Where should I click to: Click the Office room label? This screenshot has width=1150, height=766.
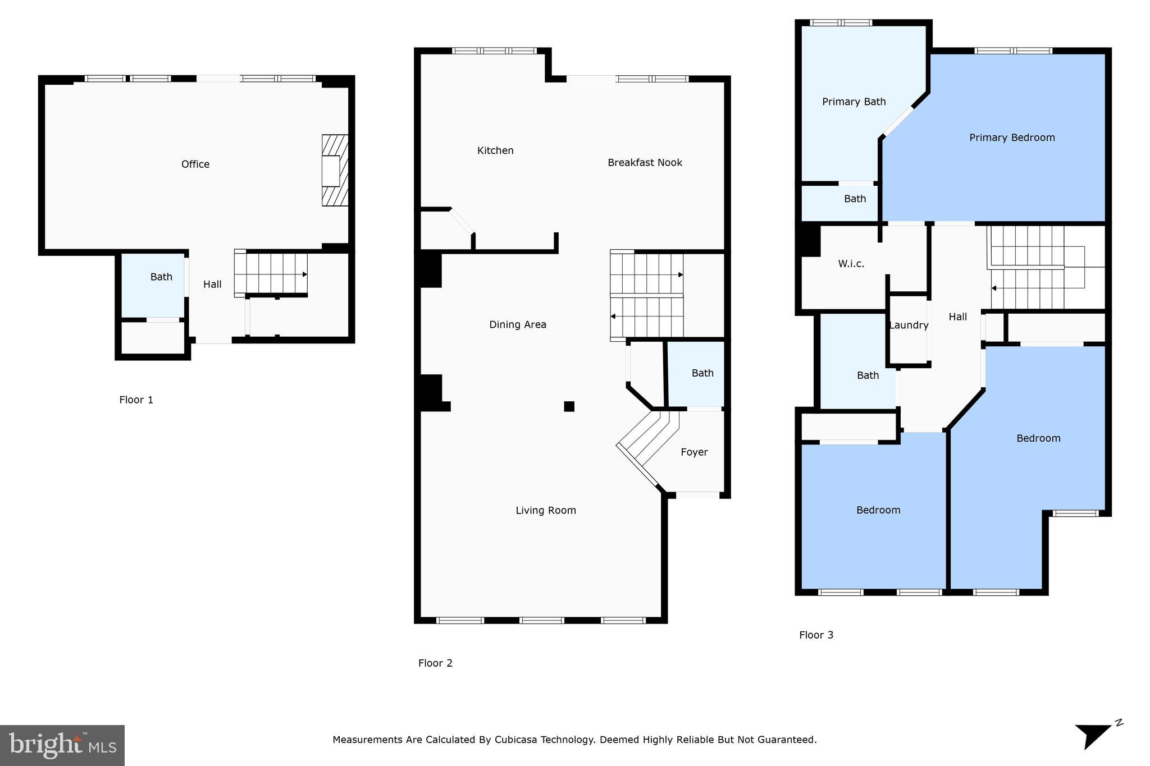(x=195, y=164)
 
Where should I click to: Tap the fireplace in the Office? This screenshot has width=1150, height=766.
(x=334, y=171)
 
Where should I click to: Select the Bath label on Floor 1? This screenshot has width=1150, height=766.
(x=161, y=277)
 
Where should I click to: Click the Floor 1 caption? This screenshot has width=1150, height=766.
(x=136, y=400)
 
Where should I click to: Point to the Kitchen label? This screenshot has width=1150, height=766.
(x=495, y=150)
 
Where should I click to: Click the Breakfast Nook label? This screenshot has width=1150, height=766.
(x=645, y=163)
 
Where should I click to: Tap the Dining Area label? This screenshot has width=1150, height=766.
(x=517, y=324)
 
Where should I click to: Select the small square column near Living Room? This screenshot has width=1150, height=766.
(x=569, y=406)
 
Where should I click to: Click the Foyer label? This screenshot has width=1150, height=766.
(x=694, y=452)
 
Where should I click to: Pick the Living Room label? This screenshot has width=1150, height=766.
(x=546, y=510)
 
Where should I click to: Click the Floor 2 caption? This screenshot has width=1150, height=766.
(x=435, y=663)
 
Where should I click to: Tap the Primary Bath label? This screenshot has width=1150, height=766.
(x=854, y=102)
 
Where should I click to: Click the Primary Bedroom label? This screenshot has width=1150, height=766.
(x=1012, y=137)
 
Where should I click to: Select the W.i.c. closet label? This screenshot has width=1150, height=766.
(x=851, y=264)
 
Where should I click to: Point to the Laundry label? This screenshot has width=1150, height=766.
(x=909, y=325)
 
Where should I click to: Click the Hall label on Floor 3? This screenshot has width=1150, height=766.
(x=957, y=317)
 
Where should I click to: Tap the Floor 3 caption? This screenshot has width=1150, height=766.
(x=816, y=635)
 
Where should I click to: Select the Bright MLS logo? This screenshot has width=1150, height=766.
(x=62, y=745)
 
